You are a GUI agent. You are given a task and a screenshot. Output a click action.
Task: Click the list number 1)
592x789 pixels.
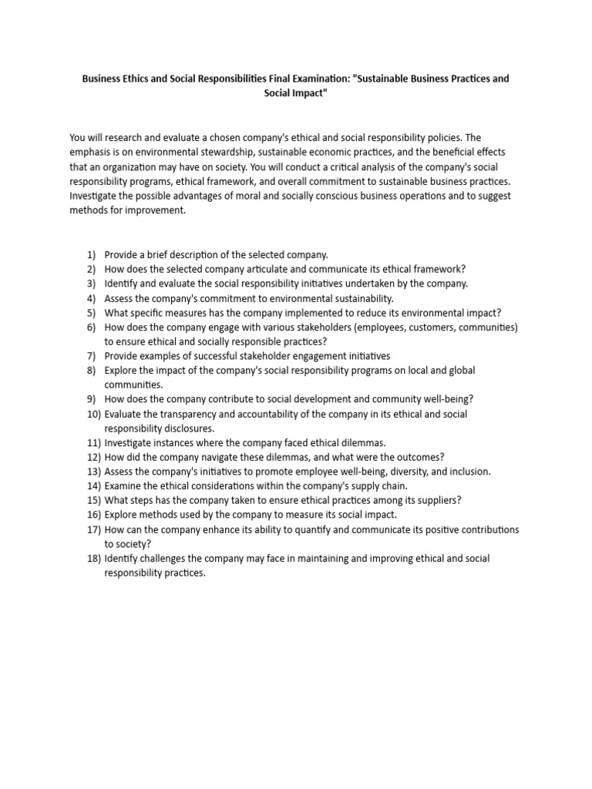[x=92, y=254]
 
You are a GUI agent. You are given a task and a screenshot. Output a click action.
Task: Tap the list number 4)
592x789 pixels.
[x=92, y=298]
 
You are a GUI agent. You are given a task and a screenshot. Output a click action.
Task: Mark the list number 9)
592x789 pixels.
[x=92, y=399]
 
